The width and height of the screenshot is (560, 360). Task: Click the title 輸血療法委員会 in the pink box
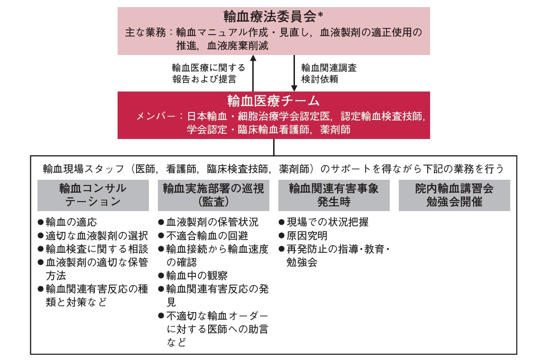click(270, 17)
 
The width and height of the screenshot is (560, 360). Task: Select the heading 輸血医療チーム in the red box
click(274, 101)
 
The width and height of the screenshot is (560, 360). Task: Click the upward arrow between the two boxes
click(253, 73)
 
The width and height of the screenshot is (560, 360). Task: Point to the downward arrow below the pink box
click(294, 73)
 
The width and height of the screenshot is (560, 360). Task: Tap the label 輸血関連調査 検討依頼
click(329, 73)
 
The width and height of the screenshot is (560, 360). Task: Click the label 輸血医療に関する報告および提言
click(209, 73)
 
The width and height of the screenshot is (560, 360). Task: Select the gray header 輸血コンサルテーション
click(93, 195)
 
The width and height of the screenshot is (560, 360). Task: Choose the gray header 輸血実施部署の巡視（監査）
click(213, 195)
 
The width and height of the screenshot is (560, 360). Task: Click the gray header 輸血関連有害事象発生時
click(334, 195)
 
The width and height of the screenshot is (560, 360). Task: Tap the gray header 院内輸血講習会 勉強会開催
click(454, 195)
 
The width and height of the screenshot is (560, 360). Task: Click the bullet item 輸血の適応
click(67, 222)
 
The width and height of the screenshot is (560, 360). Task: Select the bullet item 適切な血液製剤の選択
click(93, 236)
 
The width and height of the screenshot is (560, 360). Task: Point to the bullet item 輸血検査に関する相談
click(93, 249)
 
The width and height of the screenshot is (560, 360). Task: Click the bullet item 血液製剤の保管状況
click(208, 222)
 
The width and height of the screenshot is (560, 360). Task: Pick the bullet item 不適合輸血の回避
click(203, 236)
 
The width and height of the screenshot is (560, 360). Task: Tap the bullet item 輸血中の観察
click(193, 276)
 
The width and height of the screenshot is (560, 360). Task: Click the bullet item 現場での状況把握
click(323, 222)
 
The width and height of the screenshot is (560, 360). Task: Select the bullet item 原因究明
click(303, 236)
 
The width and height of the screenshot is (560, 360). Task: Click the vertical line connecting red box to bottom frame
click(274, 147)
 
